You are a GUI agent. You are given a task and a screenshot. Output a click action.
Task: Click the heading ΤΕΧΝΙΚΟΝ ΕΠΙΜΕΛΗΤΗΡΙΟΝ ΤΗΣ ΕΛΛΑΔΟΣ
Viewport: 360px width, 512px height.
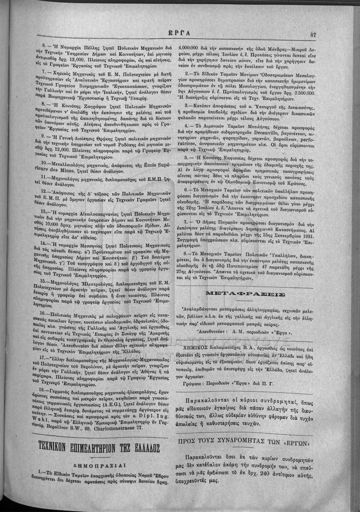(99, 450)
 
